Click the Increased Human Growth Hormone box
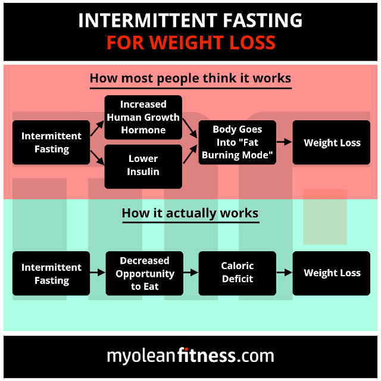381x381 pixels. tap(143, 117)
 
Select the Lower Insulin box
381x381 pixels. tap(143, 165)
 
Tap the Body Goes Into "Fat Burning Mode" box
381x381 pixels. tap(238, 142)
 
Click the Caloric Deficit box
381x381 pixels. tap(238, 273)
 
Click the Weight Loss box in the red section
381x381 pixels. tap(332, 142)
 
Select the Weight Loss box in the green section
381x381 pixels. tap(332, 273)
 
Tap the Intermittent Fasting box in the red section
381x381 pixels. tap(51, 142)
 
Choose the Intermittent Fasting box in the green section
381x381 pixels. tap(51, 274)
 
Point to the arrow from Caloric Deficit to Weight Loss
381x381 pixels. tap(285, 273)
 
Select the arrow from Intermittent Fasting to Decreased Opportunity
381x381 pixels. tap(98, 273)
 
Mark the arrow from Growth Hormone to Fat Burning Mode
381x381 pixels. tap(190, 126)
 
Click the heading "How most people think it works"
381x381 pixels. tap(190, 79)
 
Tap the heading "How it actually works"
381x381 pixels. tap(190, 213)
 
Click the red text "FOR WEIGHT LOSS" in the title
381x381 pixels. tap(190, 43)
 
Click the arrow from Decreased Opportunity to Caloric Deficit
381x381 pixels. tap(190, 273)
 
